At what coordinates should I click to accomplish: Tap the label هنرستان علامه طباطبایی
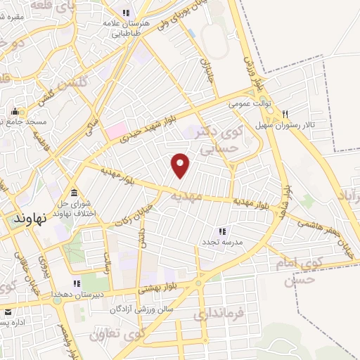coord(126,27)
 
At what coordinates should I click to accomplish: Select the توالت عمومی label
coord(249,104)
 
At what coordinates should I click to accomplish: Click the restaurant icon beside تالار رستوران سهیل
coord(285,115)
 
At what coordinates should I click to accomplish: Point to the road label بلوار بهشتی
coord(160,287)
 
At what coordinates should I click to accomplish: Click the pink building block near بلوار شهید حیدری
coord(115,130)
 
